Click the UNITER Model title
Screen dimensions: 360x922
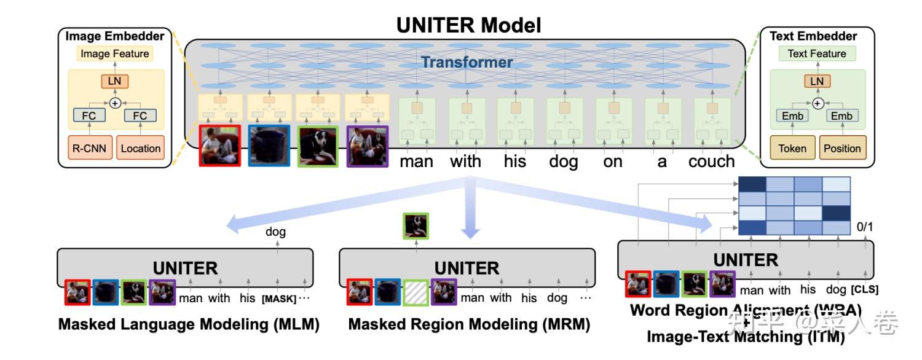click(x=468, y=25)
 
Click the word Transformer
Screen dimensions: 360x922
click(x=467, y=62)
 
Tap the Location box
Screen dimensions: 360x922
click(x=140, y=148)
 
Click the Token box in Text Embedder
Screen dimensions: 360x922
click(x=792, y=148)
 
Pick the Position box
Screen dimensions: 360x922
click(x=842, y=148)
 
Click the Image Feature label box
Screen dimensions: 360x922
click(x=115, y=54)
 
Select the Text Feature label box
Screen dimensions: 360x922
click(x=817, y=54)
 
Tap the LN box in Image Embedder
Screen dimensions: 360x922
click(x=114, y=81)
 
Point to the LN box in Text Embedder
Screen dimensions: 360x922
click(x=817, y=81)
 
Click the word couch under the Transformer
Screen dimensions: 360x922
click(x=711, y=162)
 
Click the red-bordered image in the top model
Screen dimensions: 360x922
click(x=219, y=146)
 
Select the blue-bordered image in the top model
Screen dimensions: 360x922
click(x=269, y=146)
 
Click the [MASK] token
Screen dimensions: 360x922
click(x=279, y=299)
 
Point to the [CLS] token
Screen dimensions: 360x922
click(x=865, y=289)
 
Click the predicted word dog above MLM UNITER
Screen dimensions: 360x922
click(x=275, y=232)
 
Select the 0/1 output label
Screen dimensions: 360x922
click(x=865, y=227)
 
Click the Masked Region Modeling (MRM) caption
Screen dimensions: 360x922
click(x=469, y=324)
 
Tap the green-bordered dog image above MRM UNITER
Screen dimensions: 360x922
click(x=415, y=225)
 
